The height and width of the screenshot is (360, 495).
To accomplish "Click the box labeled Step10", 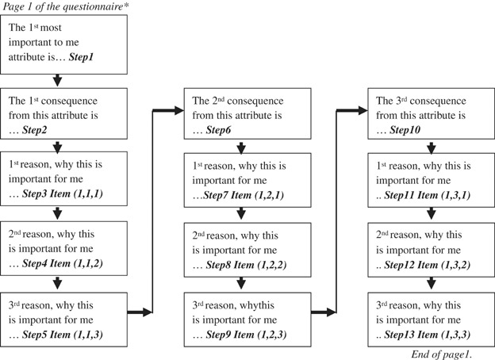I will click(428, 114).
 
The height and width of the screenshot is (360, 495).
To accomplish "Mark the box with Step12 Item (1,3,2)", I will click(428, 247).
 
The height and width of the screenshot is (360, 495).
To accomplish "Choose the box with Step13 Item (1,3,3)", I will click(428, 315).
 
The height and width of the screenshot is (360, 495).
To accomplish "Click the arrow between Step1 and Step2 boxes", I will click(57, 80).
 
